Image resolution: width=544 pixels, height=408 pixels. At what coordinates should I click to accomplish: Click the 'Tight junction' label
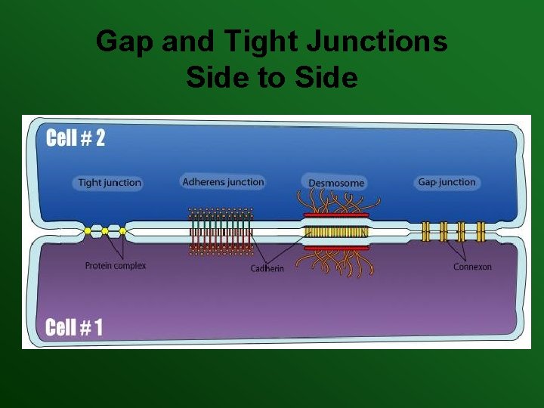point(110,182)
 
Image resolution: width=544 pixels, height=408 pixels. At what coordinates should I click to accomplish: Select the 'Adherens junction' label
point(224,181)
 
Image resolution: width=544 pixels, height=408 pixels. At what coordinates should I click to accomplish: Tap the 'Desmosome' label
point(336,182)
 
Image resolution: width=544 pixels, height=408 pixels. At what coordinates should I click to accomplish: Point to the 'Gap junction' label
point(447,182)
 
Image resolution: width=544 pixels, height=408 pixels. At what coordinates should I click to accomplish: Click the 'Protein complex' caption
point(116,265)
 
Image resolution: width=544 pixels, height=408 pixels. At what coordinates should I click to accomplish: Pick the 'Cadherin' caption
point(267,269)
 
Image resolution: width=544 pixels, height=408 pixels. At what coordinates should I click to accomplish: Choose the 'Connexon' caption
point(472,267)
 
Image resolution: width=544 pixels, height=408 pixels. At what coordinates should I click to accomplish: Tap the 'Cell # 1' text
point(74,327)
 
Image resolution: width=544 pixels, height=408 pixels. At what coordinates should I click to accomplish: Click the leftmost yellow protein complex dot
point(88,230)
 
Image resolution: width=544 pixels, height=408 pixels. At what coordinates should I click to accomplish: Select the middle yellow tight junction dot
point(105,230)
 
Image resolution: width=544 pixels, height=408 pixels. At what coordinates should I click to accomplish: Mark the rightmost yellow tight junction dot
point(121,230)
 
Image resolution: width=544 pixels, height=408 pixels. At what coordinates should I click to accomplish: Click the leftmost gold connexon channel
point(425,230)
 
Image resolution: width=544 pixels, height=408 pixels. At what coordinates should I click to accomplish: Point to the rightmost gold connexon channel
point(481,230)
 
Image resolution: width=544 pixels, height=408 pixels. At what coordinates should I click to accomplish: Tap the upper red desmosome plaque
point(336,215)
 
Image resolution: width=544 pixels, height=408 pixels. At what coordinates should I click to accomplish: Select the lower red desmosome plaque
point(336,247)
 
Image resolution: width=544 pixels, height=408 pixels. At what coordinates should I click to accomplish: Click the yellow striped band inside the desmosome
point(336,231)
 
